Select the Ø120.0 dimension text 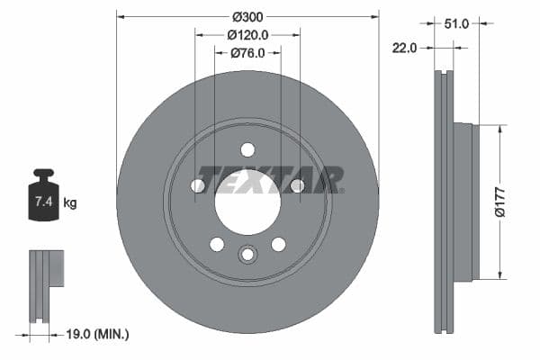[247, 35]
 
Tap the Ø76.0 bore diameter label [247, 53]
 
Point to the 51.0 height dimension [458, 24]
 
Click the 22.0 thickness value [404, 48]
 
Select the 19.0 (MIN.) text [98, 334]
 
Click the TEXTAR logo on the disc [270, 179]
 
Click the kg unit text [70, 203]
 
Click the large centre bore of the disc [247, 200]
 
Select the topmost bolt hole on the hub [247, 149]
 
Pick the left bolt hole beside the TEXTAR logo [198, 185]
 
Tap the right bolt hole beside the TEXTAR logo [297, 185]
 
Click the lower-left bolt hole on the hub [217, 244]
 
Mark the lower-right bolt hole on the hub [278, 244]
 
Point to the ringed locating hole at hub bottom [247, 256]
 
